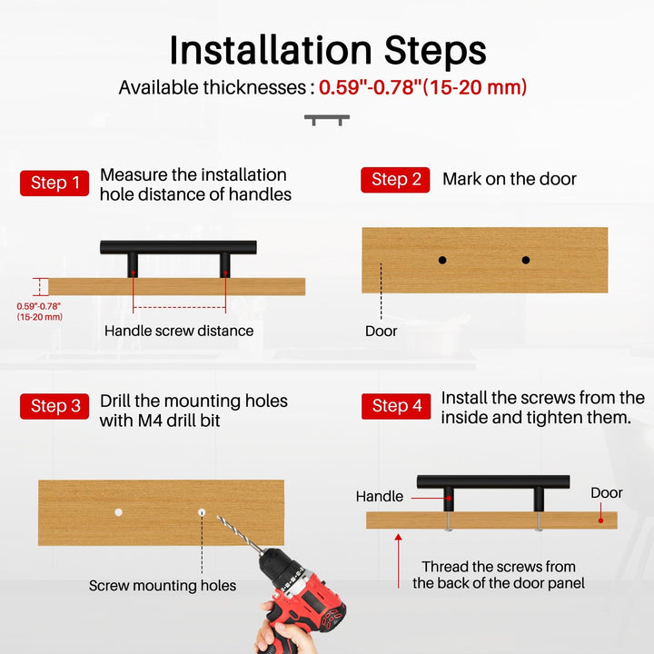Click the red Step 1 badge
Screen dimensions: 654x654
click(x=54, y=183)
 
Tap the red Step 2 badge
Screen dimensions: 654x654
click(x=395, y=180)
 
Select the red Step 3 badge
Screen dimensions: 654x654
click(x=54, y=406)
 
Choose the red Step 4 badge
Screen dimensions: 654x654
click(x=396, y=406)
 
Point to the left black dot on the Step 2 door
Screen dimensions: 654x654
click(x=442, y=261)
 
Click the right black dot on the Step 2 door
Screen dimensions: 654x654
click(x=526, y=261)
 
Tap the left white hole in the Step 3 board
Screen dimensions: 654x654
click(x=119, y=512)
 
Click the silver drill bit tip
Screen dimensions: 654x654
click(x=218, y=517)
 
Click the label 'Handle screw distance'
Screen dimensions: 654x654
click(x=179, y=331)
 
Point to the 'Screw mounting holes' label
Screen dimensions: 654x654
click(x=163, y=586)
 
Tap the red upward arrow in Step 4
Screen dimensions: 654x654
click(x=399, y=561)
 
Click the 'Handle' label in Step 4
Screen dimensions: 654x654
click(x=380, y=496)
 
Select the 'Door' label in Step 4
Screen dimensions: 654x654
click(x=607, y=493)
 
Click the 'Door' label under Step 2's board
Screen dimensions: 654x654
click(x=381, y=332)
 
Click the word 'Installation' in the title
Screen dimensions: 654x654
click(x=271, y=51)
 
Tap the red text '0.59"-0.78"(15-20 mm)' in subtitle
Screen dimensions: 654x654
click(x=423, y=87)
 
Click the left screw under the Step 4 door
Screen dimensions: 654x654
click(x=449, y=521)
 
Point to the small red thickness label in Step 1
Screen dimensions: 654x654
click(x=40, y=312)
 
